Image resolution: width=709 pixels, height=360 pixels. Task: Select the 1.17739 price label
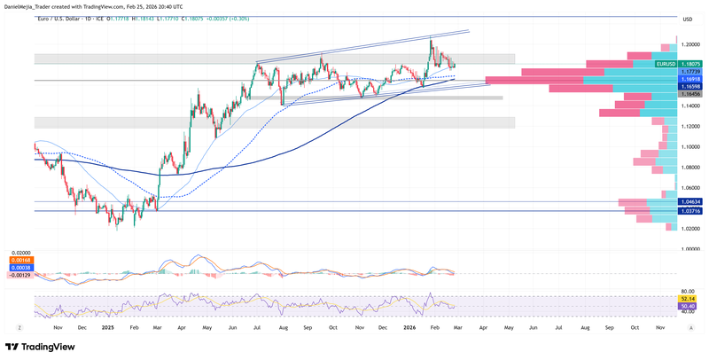click(690, 72)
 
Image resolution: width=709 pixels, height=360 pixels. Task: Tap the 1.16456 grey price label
click(690, 93)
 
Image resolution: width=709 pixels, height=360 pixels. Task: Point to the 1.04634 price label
click(690, 202)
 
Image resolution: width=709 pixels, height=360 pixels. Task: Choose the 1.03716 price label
click(690, 211)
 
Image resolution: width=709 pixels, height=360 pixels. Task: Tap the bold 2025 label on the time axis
click(108, 327)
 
